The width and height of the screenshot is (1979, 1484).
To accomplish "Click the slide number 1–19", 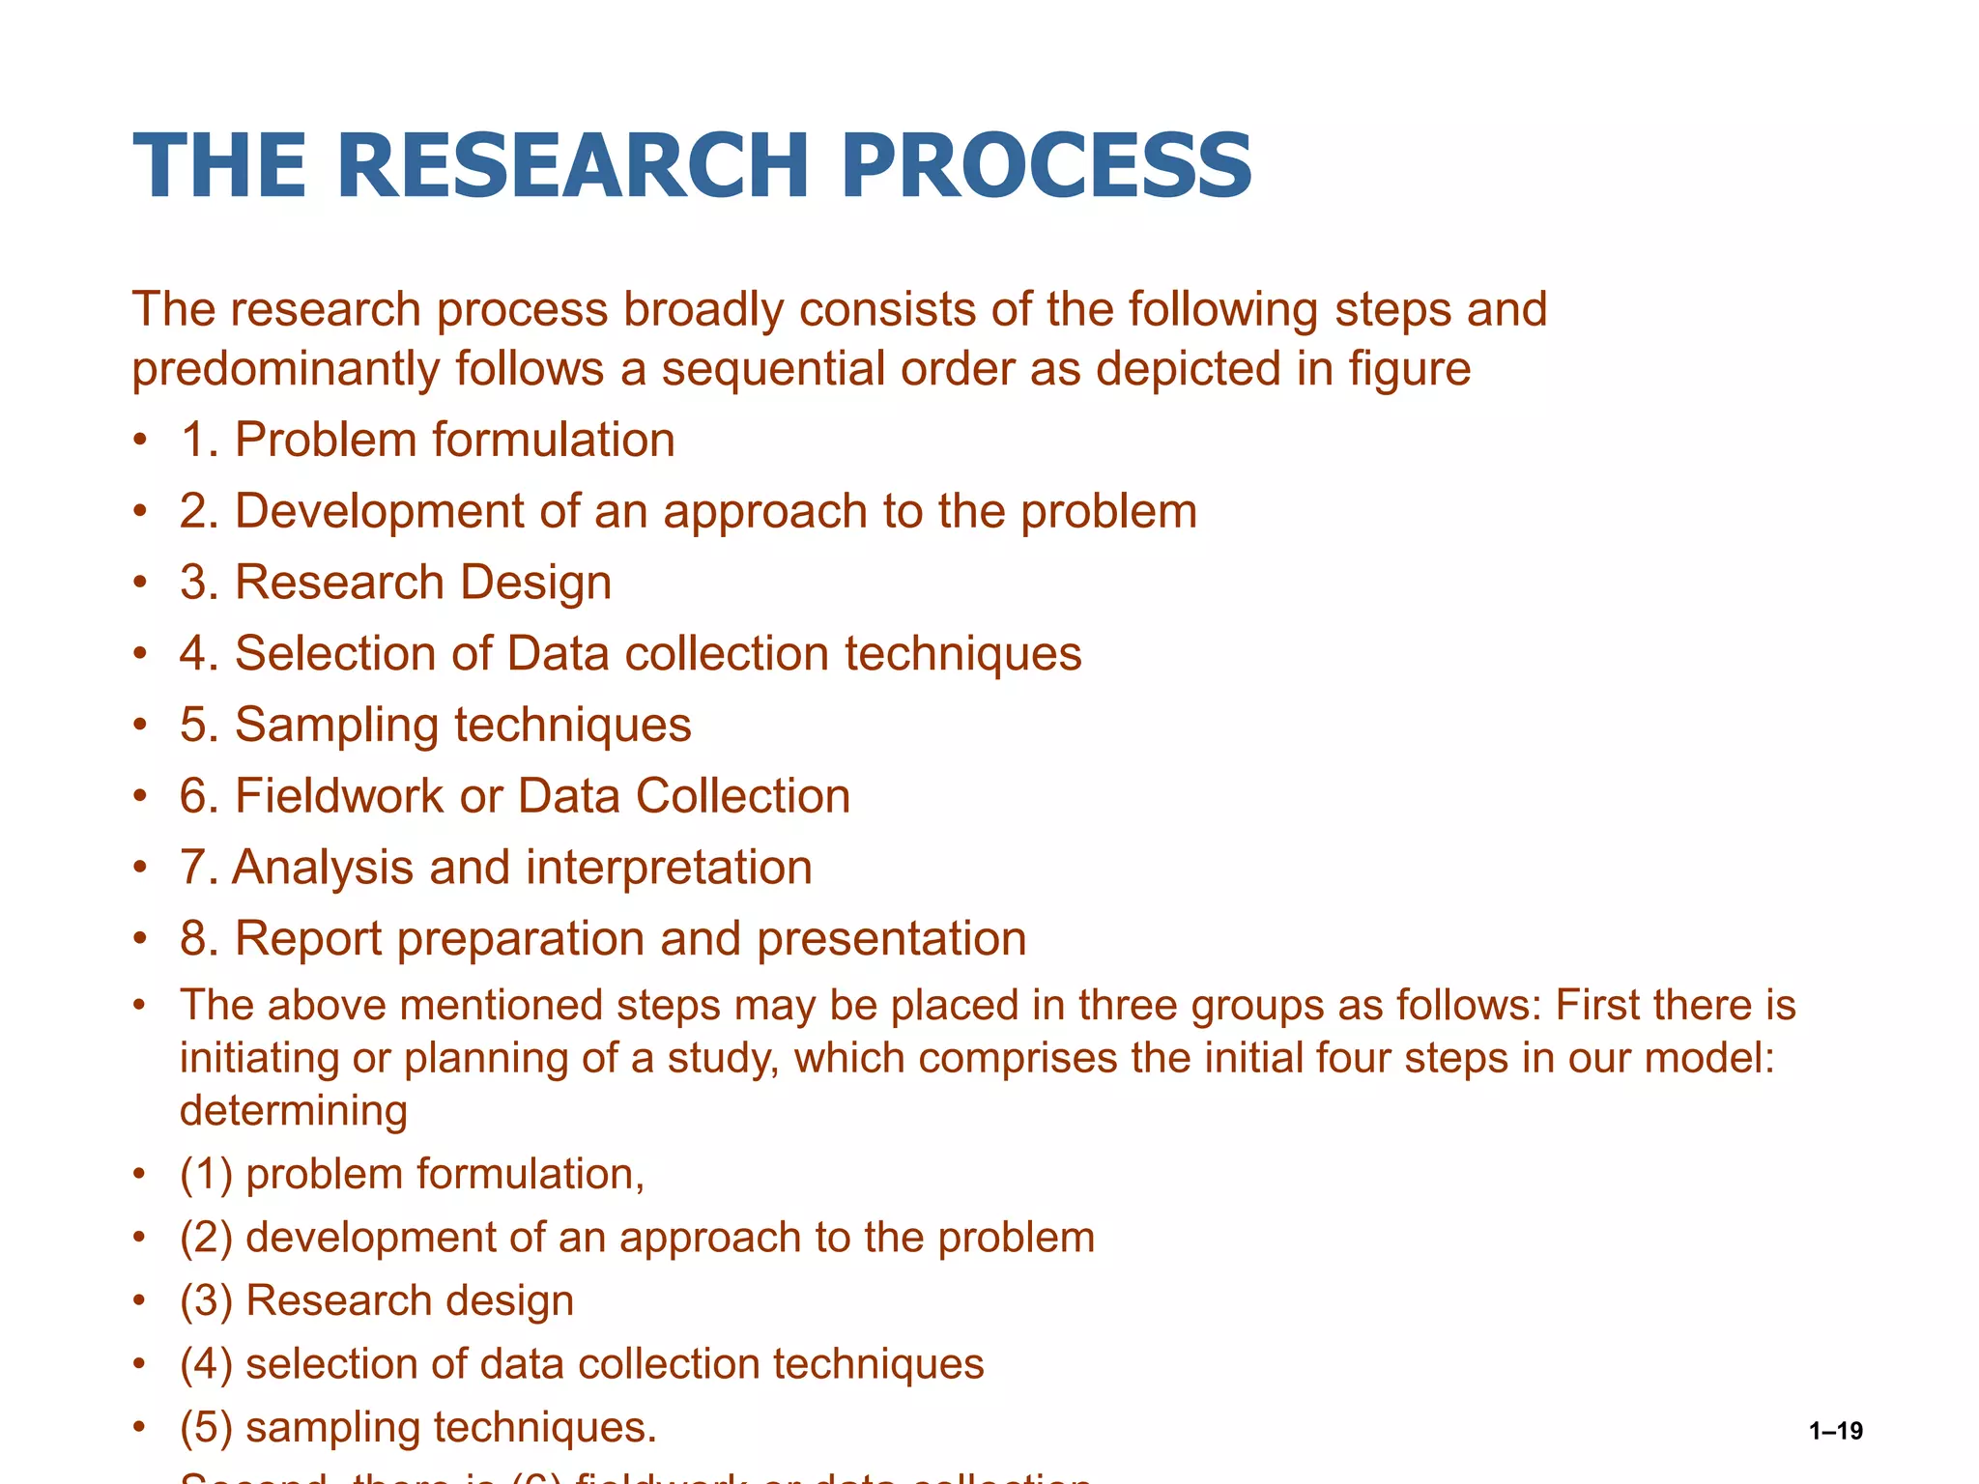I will coord(1835,1431).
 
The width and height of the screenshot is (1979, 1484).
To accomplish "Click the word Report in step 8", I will coord(307,940).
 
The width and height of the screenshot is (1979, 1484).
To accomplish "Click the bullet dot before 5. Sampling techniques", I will coord(141,725).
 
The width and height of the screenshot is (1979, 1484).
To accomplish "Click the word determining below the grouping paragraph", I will coord(294,1110).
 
